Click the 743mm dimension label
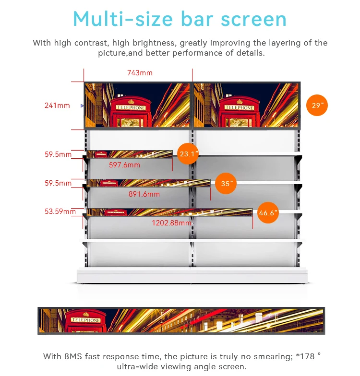[x=140, y=73]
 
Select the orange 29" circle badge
[x=317, y=106]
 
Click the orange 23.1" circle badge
[x=188, y=154]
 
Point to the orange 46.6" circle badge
[x=268, y=213]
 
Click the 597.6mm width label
[x=124, y=165]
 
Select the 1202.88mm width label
[x=171, y=223]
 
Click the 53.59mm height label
[x=60, y=211]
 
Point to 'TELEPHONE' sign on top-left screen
[x=131, y=108]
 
